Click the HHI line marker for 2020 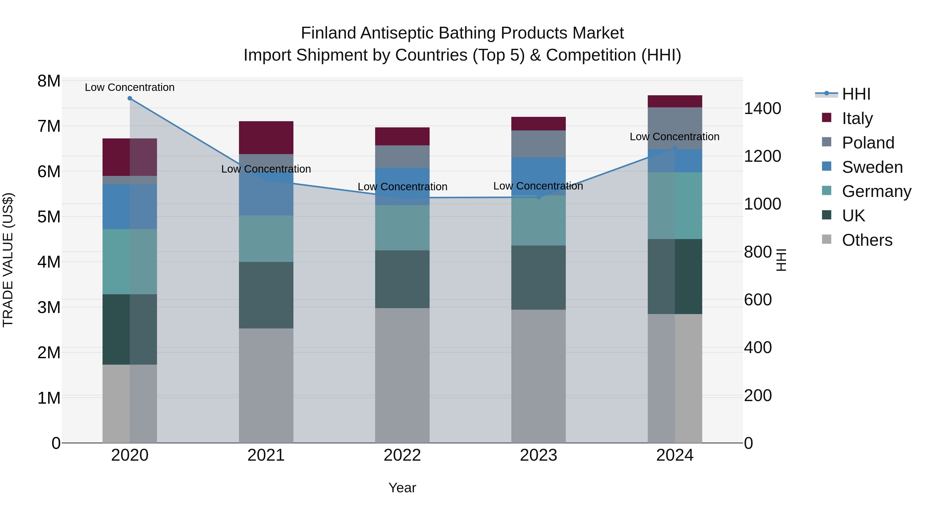tap(130, 98)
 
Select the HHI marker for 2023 tap(538, 197)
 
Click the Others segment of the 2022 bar tap(402, 375)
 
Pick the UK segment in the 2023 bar tap(538, 277)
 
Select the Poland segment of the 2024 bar tap(674, 128)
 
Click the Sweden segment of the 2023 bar tap(538, 176)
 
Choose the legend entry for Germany tap(876, 191)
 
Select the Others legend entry tap(867, 240)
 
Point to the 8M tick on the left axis tap(49, 81)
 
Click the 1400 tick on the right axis tap(762, 108)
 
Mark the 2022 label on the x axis tap(402, 455)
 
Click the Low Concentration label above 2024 tap(674, 137)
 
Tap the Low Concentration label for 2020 tap(130, 87)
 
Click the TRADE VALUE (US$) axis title tap(8, 260)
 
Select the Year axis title tap(402, 488)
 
